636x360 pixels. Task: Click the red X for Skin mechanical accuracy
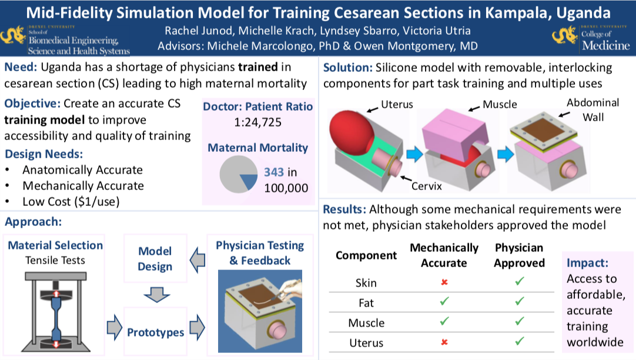(444, 283)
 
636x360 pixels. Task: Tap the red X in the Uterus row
(444, 342)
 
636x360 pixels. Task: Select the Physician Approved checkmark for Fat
(519, 303)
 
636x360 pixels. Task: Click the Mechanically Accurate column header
(444, 255)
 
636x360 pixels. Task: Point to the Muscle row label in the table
(366, 323)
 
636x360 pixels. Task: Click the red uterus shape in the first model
(352, 130)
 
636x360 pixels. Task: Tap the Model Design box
(155, 259)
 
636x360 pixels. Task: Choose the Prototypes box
(156, 332)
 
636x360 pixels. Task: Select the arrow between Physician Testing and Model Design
(198, 259)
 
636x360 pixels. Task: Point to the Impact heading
(588, 262)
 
